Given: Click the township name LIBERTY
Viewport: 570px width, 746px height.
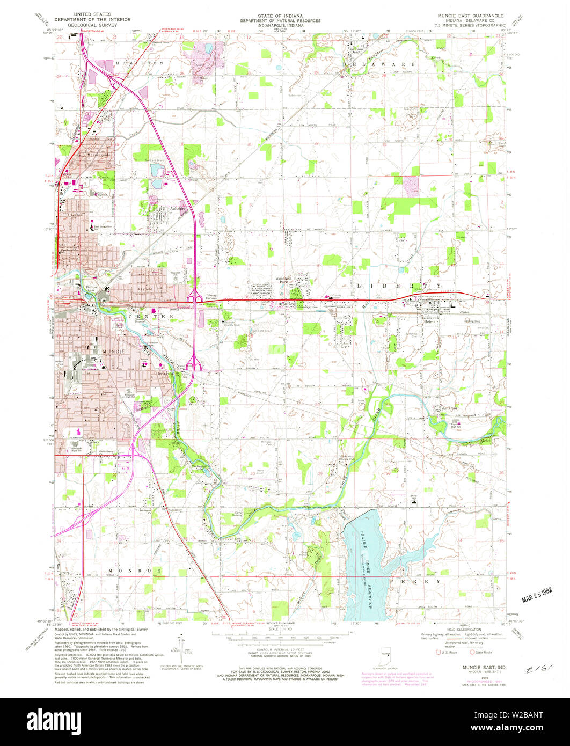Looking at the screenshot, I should click(399, 286).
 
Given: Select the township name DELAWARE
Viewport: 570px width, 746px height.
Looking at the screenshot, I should click(379, 64).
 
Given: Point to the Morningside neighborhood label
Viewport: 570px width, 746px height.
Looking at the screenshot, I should click(98, 156).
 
